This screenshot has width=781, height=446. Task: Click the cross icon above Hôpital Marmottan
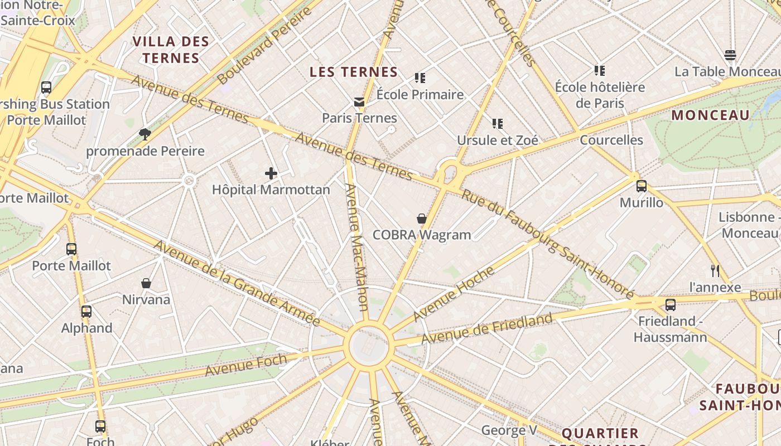click(271, 174)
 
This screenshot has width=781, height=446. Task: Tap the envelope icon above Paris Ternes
click(359, 102)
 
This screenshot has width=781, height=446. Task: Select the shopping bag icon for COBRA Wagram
click(422, 219)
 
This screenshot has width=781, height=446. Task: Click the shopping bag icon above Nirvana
click(146, 283)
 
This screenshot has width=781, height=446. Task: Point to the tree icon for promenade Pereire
click(145, 134)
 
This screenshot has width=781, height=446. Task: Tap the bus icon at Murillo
click(642, 186)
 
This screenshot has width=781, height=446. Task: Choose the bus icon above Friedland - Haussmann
click(671, 305)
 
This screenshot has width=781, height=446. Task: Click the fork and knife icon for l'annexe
click(715, 271)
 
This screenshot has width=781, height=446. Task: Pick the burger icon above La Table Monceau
click(730, 55)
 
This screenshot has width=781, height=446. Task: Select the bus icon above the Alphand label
click(86, 312)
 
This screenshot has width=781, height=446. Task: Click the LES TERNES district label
click(354, 72)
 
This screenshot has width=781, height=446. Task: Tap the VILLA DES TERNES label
click(171, 50)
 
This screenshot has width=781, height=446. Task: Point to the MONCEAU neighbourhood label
click(710, 115)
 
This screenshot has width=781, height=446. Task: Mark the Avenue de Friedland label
click(487, 329)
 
